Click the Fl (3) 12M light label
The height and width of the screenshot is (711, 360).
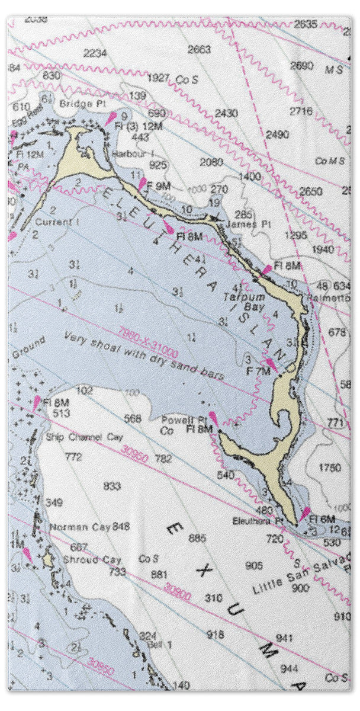[x=131, y=126]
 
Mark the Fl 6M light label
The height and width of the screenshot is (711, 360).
[x=323, y=519]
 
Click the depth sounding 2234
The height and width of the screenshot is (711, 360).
[x=95, y=53]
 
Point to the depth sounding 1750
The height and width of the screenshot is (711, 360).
[x=330, y=467]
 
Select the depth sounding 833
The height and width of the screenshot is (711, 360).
[x=112, y=486]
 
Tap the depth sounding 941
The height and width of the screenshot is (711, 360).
[x=284, y=638]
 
